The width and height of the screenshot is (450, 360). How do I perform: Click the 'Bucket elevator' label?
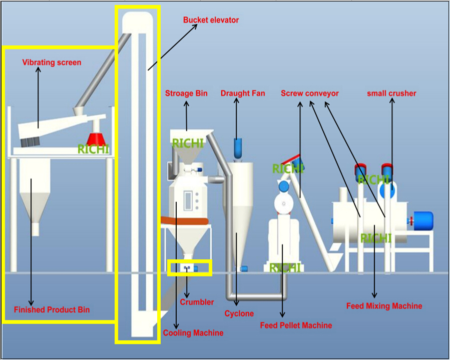(211, 20)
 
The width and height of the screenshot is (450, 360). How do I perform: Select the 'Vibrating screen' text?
(52, 62)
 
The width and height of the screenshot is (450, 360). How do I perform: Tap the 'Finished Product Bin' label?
(52, 309)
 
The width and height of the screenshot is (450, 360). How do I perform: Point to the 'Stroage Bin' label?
(186, 93)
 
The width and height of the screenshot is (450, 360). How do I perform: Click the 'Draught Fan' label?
(243, 93)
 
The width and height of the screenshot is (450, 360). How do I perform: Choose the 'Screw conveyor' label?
(309, 93)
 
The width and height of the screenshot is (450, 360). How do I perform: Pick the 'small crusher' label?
(391, 93)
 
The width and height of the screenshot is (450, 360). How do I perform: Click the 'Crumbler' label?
(197, 302)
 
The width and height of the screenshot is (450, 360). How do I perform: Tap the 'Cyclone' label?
(239, 313)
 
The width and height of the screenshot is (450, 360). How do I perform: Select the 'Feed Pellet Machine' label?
(296, 325)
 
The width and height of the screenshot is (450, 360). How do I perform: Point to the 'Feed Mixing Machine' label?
(384, 306)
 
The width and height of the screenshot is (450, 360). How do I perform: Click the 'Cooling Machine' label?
(193, 332)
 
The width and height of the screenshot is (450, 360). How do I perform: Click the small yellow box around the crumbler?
(189, 268)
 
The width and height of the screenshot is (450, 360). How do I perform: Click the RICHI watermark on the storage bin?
(188, 143)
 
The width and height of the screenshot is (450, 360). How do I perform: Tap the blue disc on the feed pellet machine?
(284, 186)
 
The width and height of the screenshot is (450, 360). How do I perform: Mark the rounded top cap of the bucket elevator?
(137, 20)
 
